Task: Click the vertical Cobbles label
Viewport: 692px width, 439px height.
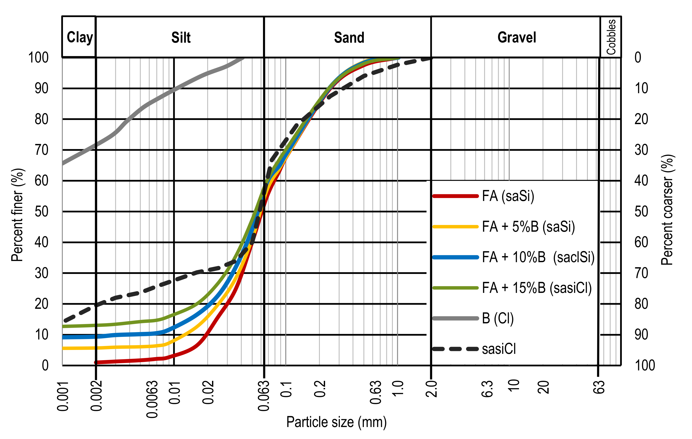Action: pyautogui.click(x=611, y=37)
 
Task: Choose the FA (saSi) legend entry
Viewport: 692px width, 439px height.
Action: pyautogui.click(x=508, y=196)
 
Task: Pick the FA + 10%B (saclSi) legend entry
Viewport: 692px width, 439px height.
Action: pyautogui.click(x=538, y=257)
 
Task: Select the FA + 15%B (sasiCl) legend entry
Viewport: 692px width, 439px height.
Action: pyautogui.click(x=536, y=288)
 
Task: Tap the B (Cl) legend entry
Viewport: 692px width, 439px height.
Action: pyautogui.click(x=498, y=318)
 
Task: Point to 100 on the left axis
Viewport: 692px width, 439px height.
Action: pyautogui.click(x=38, y=58)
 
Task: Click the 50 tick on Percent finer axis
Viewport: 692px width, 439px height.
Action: pyautogui.click(x=41, y=212)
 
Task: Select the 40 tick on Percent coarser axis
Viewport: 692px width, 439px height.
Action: pyautogui.click(x=641, y=181)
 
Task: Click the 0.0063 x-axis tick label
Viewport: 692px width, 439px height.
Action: pyautogui.click(x=152, y=399)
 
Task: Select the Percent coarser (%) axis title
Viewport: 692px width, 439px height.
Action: pyautogui.click(x=667, y=210)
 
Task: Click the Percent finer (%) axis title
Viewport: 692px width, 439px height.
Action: pyautogui.click(x=17, y=215)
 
